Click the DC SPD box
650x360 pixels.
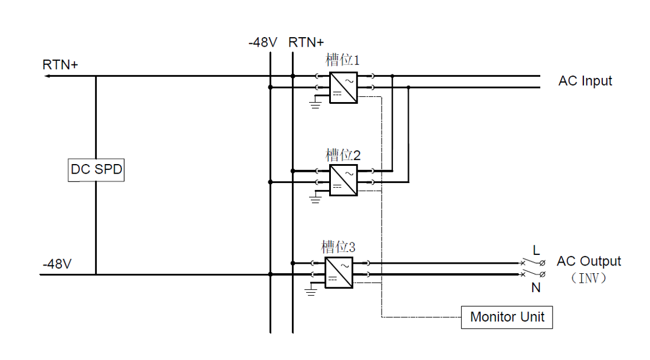(x=96, y=170)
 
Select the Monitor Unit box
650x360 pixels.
(x=507, y=317)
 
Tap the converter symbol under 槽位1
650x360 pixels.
(x=343, y=87)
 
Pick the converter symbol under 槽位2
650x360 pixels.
(x=343, y=181)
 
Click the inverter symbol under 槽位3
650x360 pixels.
(x=339, y=273)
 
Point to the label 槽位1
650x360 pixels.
(x=343, y=60)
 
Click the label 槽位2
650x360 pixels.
(x=343, y=155)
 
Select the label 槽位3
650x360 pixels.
(x=338, y=246)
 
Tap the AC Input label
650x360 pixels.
(x=585, y=81)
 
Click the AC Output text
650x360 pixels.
(x=589, y=261)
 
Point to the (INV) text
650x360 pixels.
(x=589, y=277)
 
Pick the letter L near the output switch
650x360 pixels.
(x=536, y=250)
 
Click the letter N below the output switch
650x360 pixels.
(x=536, y=288)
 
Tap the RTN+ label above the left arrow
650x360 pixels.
(x=60, y=64)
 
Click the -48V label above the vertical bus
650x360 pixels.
(x=262, y=42)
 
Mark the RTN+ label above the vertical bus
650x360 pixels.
(x=306, y=42)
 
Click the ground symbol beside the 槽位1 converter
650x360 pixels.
(x=316, y=105)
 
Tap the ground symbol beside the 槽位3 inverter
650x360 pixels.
(x=311, y=290)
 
